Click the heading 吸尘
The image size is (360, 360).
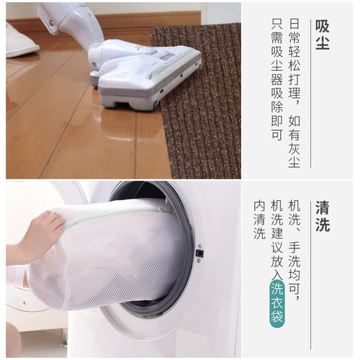pos(323,34)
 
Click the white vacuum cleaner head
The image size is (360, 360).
pos(148,72)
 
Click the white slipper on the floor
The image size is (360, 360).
pos(20,40)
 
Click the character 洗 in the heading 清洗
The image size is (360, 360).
pos(323,225)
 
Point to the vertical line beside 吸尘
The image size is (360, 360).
pos(311,94)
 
